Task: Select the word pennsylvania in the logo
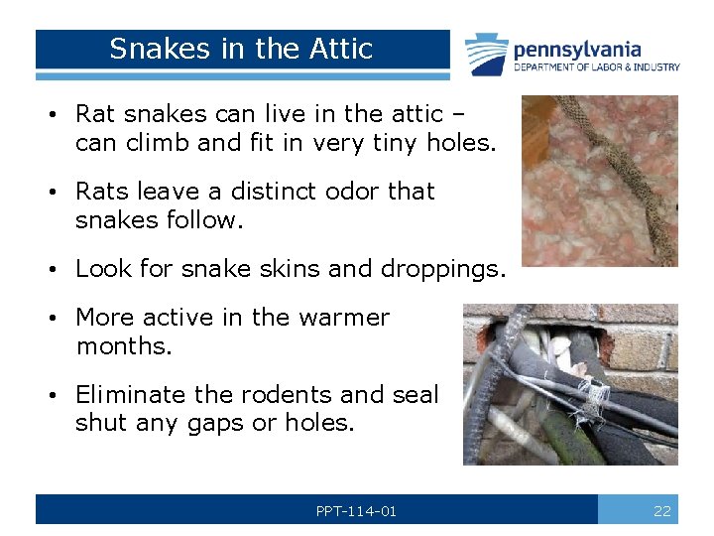pyautogui.click(x=577, y=49)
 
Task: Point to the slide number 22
pyautogui.click(x=661, y=511)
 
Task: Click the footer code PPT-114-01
pyautogui.click(x=356, y=511)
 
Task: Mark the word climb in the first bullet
pyautogui.click(x=158, y=143)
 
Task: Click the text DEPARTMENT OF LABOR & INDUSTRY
pyautogui.click(x=596, y=67)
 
